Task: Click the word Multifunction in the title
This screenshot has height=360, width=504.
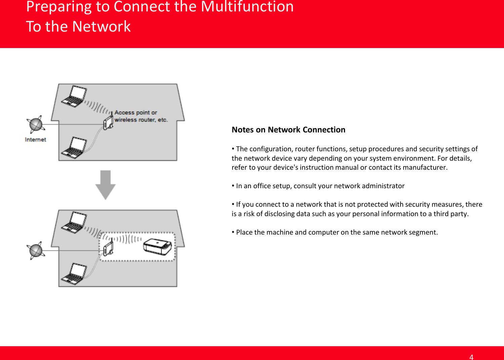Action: (x=247, y=7)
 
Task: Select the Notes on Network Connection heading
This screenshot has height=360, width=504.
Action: (x=288, y=130)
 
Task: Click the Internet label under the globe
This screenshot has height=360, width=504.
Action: (x=35, y=139)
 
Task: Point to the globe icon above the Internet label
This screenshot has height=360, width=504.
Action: (x=36, y=124)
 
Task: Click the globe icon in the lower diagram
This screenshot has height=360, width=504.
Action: (x=36, y=250)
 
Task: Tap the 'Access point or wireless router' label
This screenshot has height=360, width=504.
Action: (x=141, y=116)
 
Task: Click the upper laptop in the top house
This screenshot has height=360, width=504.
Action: (x=74, y=97)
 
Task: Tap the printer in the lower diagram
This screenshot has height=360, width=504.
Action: (x=157, y=247)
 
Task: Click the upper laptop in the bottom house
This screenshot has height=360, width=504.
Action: (x=74, y=223)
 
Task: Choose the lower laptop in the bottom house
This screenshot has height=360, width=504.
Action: (x=74, y=274)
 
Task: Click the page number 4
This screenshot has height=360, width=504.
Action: (x=471, y=357)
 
